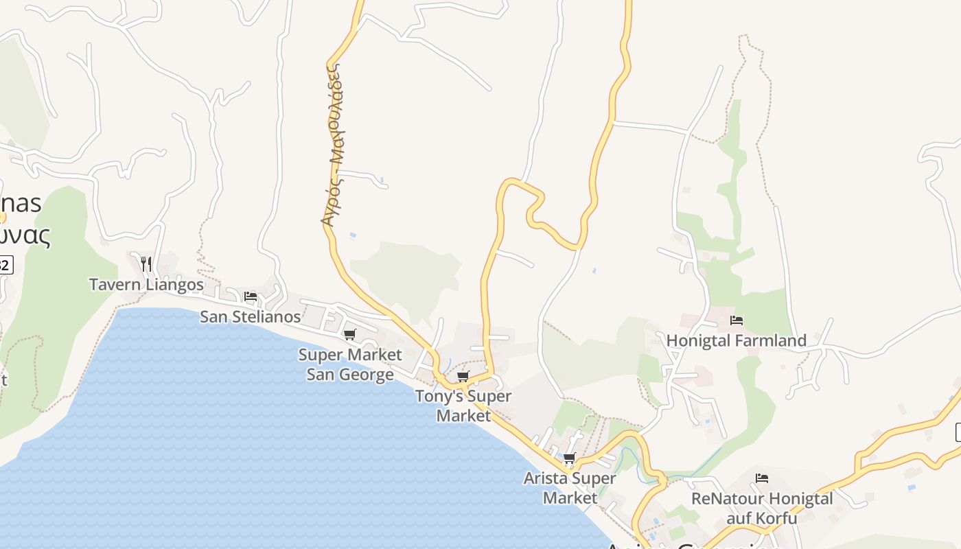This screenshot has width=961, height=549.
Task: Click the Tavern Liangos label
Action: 146,284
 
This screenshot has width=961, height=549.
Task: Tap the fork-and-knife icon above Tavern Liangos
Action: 146,264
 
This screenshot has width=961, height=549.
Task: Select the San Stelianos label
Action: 250,316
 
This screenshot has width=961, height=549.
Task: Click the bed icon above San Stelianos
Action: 251,297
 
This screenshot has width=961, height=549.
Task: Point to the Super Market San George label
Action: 349,364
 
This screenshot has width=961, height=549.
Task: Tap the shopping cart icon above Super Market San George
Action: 350,335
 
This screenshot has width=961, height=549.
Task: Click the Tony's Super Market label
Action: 463,406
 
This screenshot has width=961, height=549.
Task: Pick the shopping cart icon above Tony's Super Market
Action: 463,377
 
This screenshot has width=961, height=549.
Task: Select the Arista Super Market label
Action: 570,487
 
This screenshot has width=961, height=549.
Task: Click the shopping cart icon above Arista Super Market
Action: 569,458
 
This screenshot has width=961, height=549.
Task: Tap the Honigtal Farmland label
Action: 736,340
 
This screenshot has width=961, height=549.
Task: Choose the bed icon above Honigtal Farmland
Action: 737,320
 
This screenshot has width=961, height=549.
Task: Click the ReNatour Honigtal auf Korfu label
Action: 762,508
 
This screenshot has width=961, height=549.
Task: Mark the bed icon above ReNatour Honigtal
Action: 762,478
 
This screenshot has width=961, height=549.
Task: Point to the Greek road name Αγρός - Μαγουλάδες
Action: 333,145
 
